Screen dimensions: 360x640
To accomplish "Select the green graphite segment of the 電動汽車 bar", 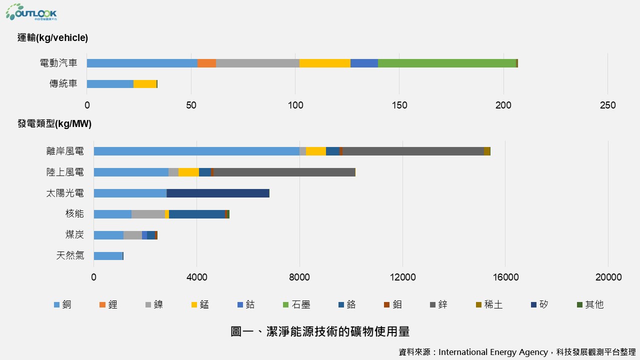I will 446,63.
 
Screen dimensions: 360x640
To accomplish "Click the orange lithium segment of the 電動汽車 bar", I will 206,63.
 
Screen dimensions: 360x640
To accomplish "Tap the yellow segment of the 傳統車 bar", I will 145,84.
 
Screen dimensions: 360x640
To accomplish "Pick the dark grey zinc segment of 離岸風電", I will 413,151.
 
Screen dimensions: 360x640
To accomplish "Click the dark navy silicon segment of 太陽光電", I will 218,193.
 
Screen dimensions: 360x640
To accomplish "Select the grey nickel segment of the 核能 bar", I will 148,214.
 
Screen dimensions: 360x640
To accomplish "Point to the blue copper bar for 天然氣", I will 108,256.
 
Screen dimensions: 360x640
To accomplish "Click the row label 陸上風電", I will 65,172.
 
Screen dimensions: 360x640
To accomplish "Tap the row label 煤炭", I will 74,235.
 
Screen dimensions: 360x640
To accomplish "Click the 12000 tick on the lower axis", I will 402,277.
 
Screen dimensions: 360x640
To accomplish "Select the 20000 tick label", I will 608,277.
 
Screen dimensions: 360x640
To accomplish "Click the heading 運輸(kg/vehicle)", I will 52,38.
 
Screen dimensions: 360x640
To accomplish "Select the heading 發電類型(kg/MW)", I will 54,124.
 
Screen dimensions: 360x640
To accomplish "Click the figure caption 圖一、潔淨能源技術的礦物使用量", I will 320,331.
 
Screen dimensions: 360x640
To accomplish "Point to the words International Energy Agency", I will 493,352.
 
